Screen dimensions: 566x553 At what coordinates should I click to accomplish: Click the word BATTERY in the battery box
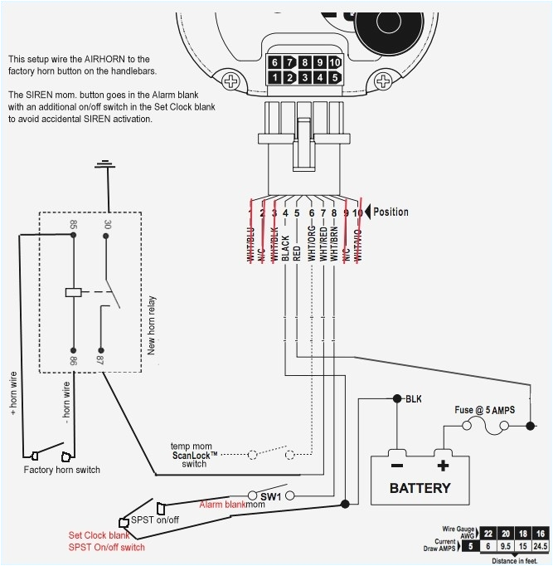tap(421, 488)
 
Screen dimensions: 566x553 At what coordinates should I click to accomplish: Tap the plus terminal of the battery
tap(443, 466)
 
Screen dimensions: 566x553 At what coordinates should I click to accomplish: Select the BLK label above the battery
tap(413, 399)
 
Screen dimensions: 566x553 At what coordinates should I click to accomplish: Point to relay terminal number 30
tap(106, 225)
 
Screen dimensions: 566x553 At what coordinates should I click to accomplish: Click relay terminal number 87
tap(101, 360)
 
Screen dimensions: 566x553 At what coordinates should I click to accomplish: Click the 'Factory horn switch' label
tap(61, 471)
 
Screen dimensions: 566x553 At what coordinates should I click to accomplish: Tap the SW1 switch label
tap(271, 495)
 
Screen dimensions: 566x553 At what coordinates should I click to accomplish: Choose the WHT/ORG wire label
tap(311, 242)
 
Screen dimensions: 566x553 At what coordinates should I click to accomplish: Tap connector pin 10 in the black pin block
tap(333, 62)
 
